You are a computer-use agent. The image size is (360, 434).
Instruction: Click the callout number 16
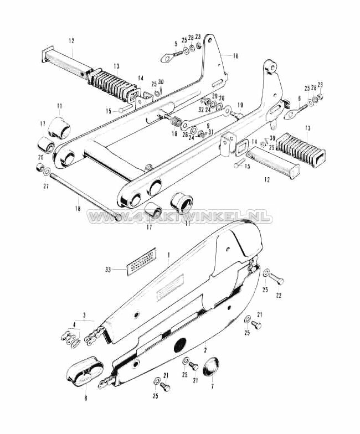[x=235, y=56]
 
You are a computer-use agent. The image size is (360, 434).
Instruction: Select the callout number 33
[x=108, y=270]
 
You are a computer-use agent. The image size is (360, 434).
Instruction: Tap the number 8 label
[x=86, y=397]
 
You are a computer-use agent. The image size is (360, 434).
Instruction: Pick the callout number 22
[x=279, y=296]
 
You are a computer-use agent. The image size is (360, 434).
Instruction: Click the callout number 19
[x=240, y=105]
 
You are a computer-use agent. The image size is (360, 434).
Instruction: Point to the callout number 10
[x=174, y=134]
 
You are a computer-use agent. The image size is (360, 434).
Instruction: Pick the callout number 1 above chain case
[x=168, y=256]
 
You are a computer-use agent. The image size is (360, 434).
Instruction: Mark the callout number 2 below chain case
[x=204, y=351]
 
